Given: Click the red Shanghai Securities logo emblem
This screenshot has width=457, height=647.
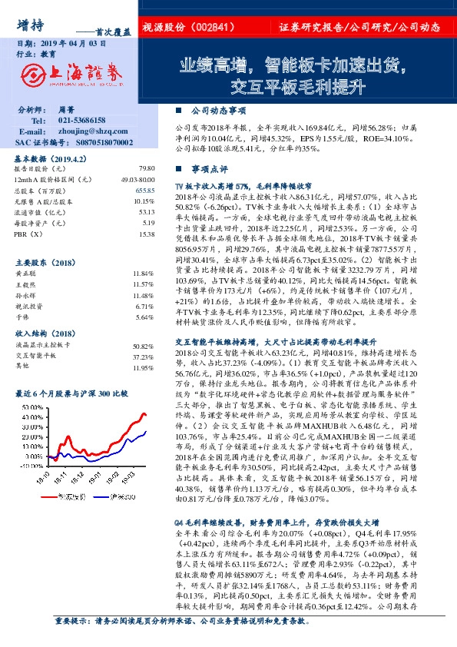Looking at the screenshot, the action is [32, 74].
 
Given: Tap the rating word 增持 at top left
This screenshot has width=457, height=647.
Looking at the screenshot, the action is [29, 23].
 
